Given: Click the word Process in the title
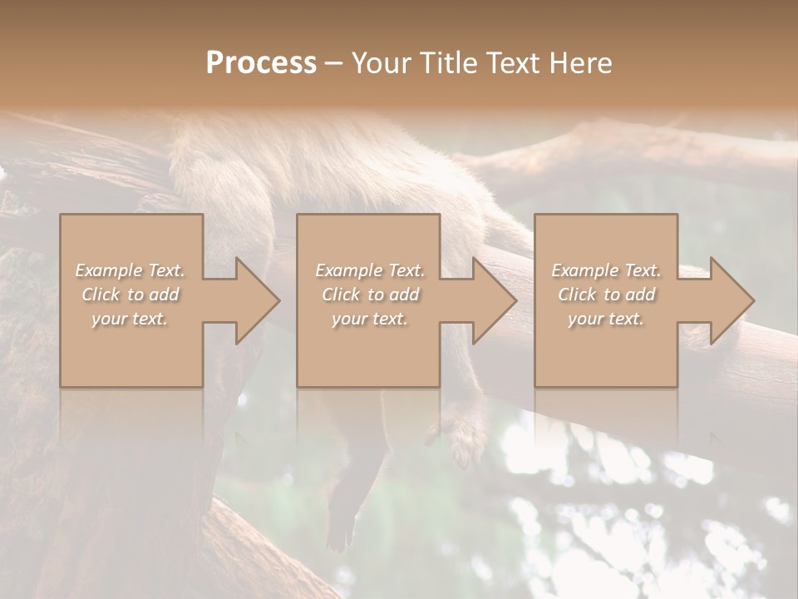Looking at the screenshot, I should pos(261,63).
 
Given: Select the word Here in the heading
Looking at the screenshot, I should pos(580,63).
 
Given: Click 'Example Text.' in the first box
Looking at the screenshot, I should pos(130,270).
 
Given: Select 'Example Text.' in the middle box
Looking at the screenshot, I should pos(369,270).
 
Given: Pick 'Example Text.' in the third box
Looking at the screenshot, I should pos(606,270).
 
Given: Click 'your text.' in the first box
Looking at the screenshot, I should pos(130,319).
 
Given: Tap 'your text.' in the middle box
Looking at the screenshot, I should pos(369,319).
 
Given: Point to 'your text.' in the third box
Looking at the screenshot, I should pos(606,319).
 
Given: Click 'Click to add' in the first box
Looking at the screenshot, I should pos(130,295).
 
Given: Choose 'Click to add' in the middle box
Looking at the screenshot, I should pos(369,295).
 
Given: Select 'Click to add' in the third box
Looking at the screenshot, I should pos(606,295).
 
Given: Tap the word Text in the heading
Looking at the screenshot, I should pos(516,63).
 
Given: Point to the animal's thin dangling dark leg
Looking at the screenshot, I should pos(345,507).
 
